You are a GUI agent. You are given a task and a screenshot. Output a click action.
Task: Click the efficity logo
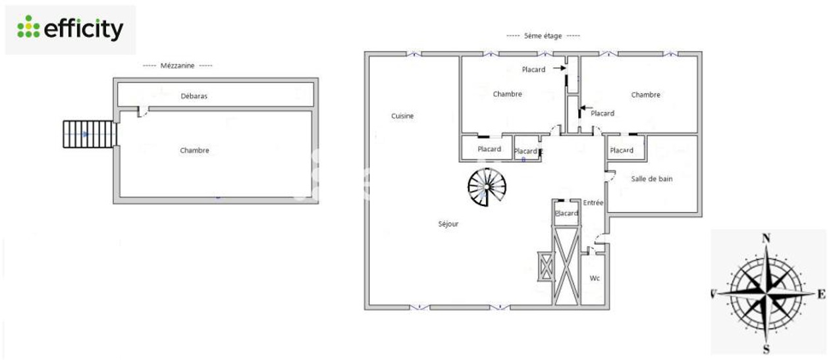pyautogui.click(x=70, y=28)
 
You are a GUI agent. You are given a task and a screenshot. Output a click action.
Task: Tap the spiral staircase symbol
pyautogui.click(x=487, y=187)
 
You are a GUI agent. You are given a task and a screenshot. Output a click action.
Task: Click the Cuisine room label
pyautogui.click(x=402, y=116)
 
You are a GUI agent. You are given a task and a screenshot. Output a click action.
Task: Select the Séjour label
pyautogui.click(x=448, y=224)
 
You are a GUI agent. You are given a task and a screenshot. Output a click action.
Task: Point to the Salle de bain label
pyautogui.click(x=651, y=179)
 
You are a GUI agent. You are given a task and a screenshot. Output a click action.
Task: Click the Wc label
pyautogui.click(x=595, y=278)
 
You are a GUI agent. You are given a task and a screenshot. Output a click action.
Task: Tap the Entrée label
pyautogui.click(x=593, y=203)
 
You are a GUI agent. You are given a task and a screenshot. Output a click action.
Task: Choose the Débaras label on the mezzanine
pyautogui.click(x=194, y=96)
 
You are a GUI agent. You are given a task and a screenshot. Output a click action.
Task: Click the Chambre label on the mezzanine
pyautogui.click(x=194, y=150)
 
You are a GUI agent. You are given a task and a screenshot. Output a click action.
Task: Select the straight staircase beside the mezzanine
pyautogui.click(x=90, y=134)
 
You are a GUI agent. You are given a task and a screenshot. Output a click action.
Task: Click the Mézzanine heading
pyautogui.click(x=177, y=66)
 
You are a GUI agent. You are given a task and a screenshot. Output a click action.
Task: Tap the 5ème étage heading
pyautogui.click(x=543, y=36)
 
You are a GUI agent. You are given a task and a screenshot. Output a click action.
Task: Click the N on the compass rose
pyautogui.click(x=767, y=238)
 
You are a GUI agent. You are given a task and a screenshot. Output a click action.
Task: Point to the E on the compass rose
pyautogui.click(x=821, y=294)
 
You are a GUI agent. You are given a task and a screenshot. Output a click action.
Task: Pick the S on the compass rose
pyautogui.click(x=767, y=349)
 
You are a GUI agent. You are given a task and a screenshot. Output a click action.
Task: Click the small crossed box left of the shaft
pyautogui.click(x=546, y=267)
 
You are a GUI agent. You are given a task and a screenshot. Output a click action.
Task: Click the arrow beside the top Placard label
pyautogui.click(x=559, y=68)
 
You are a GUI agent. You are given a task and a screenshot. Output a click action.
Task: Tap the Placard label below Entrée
pyautogui.click(x=566, y=213)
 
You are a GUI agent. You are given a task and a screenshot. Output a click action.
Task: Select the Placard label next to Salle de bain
pyautogui.click(x=622, y=150)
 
